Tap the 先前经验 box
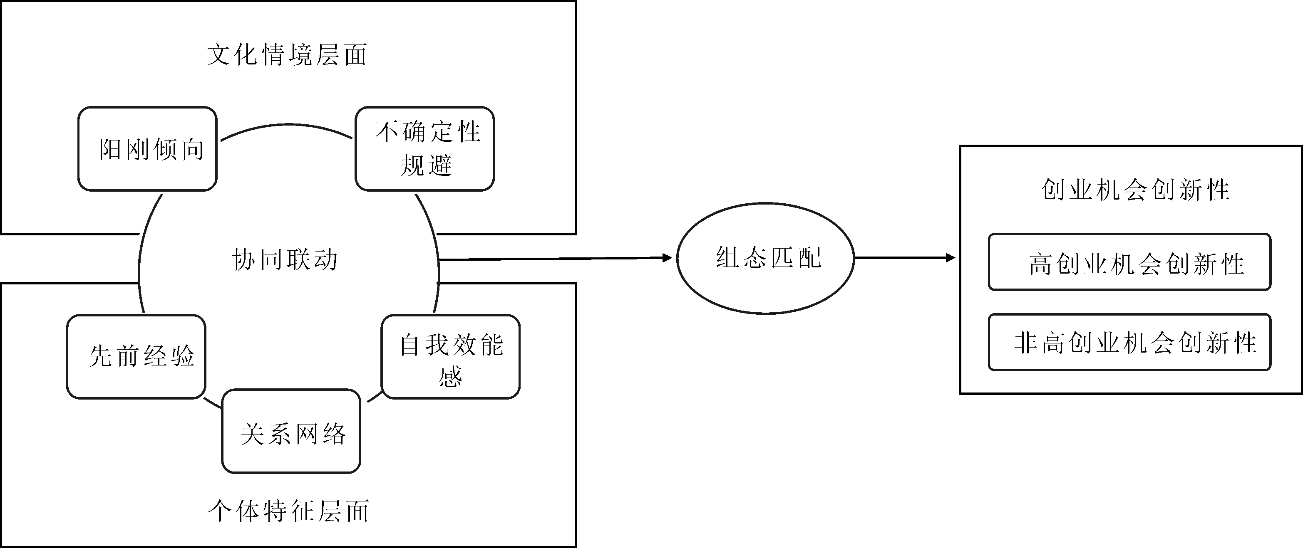136,356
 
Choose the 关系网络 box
291,431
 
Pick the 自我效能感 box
451,357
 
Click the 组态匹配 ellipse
766,258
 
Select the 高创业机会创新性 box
1129,262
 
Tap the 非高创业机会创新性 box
1129,342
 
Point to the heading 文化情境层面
287,54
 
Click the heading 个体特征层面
288,511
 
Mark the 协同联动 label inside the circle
285,260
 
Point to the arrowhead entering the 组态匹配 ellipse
668,258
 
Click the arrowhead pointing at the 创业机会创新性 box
951,258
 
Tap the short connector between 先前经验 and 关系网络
212,403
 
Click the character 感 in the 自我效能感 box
451,377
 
